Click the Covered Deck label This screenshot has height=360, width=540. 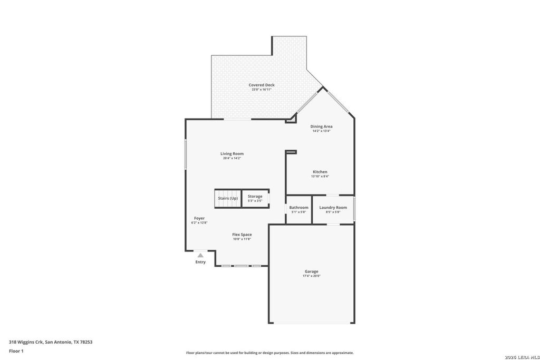[x=262, y=85]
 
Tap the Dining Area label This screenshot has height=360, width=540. [x=321, y=127]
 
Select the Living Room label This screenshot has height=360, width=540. [x=232, y=154]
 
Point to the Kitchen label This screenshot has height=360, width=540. [x=320, y=172]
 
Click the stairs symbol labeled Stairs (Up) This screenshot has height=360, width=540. [x=227, y=198]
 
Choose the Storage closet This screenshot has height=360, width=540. [x=255, y=198]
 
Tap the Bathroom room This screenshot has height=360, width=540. [x=298, y=209]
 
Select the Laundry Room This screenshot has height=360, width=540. [x=333, y=209]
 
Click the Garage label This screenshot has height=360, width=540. [x=311, y=271]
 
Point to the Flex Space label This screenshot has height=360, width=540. [x=242, y=235]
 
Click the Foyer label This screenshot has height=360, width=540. [x=199, y=218]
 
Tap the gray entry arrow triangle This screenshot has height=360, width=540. [x=200, y=255]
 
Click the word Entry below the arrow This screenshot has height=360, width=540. [x=200, y=262]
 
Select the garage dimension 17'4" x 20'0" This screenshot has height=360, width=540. [x=311, y=276]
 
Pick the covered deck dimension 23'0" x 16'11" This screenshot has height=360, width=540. [x=262, y=90]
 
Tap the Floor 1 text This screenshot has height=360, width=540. [x=16, y=351]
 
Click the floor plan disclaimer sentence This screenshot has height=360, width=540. [x=269, y=353]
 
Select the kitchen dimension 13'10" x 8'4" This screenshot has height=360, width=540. [x=320, y=177]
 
